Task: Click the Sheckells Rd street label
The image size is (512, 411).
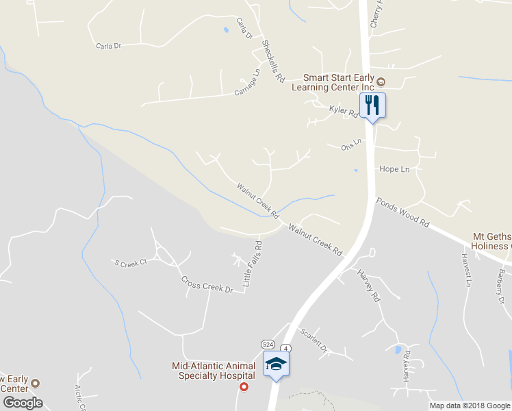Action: tap(272, 61)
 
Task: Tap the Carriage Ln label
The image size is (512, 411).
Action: tap(248, 82)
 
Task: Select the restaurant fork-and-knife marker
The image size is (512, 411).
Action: tap(372, 105)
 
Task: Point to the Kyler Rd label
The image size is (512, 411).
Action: tap(344, 110)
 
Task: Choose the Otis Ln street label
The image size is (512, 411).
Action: tap(350, 145)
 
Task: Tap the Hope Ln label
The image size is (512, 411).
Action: tap(394, 169)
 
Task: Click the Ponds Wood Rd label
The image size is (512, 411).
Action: tap(402, 213)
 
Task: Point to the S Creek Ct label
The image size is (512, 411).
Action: tap(131, 262)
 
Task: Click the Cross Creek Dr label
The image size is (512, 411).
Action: tap(207, 284)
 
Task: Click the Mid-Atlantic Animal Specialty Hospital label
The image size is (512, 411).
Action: tap(214, 371)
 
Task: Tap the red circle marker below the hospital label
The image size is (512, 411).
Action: tap(244, 387)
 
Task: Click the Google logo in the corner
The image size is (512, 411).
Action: tap(23, 403)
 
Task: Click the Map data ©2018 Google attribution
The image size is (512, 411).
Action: tap(469, 406)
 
